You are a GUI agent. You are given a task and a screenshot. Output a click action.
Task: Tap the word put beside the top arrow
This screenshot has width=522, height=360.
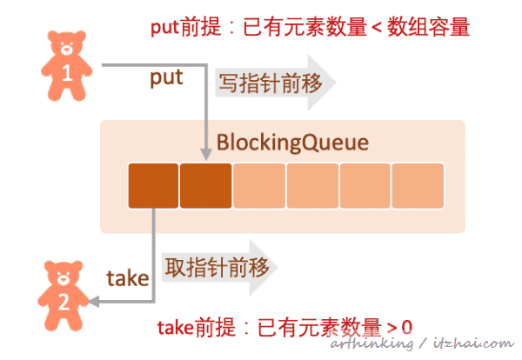[x=166, y=78]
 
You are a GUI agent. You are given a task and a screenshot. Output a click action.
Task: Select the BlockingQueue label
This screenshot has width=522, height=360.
[x=280, y=142]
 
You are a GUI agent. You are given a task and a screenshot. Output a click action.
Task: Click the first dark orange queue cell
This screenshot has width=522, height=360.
[x=153, y=185]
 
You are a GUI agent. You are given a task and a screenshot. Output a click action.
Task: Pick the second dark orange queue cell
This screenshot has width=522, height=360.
[x=206, y=185]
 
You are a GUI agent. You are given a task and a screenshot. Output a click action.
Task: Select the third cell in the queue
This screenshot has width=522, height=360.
[x=259, y=185]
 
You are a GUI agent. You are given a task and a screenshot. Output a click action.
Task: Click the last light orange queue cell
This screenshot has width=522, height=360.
[x=418, y=185]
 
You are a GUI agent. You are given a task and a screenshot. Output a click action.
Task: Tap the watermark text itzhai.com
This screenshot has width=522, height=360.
[x=473, y=344]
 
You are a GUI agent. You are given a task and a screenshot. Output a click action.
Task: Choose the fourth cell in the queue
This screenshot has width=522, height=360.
[x=311, y=185]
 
